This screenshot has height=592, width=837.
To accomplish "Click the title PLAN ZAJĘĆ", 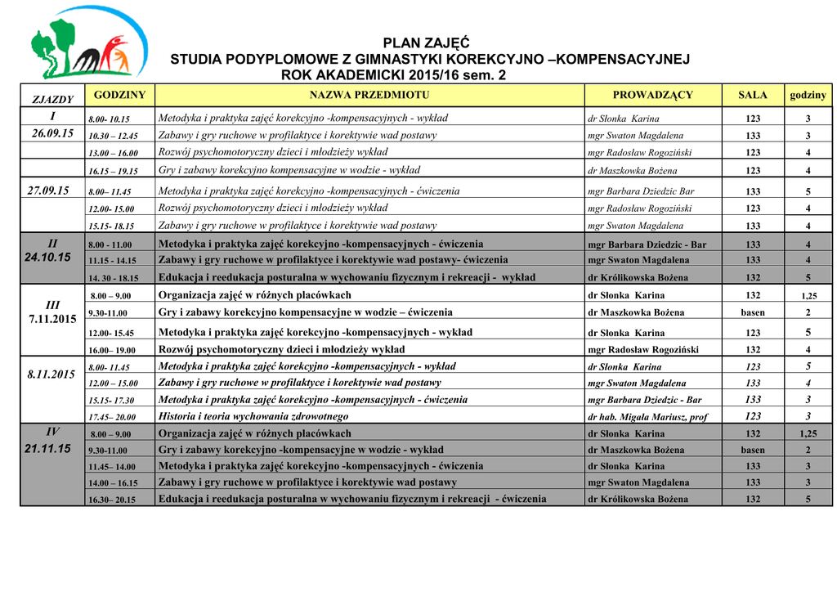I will (426, 43).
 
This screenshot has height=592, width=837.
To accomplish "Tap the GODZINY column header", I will (119, 95).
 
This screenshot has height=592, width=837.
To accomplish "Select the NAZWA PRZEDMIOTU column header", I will (369, 95).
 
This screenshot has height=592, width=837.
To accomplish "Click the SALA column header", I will (753, 95).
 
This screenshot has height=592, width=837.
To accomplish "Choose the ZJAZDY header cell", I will (52, 100).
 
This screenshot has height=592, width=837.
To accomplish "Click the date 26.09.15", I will (51, 133).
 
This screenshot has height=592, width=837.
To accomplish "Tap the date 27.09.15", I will (48, 190).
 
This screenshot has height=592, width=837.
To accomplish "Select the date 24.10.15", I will (48, 258).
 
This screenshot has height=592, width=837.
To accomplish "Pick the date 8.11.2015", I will (51, 374).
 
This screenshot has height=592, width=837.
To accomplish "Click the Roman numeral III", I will (52, 304).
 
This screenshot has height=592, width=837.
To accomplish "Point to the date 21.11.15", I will (48, 448).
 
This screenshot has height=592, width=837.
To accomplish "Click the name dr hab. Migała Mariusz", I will (647, 417).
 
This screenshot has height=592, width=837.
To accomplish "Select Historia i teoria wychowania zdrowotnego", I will (253, 416).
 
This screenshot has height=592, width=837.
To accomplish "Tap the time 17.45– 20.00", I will (112, 417).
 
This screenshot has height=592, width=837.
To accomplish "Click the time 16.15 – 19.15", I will (113, 171).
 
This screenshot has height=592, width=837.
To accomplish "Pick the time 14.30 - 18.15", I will (114, 278).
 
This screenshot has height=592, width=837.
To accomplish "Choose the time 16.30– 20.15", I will (113, 500).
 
